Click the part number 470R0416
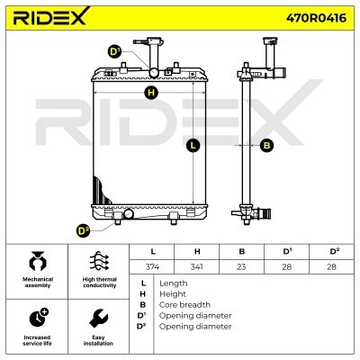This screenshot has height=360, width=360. coord(316,18)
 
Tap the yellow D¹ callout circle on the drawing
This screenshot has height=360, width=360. coord(114,52)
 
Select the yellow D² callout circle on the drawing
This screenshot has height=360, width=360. coord(83,230)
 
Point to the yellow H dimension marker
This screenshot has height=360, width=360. coord(151,93)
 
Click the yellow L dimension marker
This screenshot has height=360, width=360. coord(193,146)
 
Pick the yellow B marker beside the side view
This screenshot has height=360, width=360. coord(266,146)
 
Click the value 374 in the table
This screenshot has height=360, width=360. coord(152,266)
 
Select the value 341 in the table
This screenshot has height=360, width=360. coord(196,266)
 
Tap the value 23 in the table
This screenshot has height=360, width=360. coord(241,266)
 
